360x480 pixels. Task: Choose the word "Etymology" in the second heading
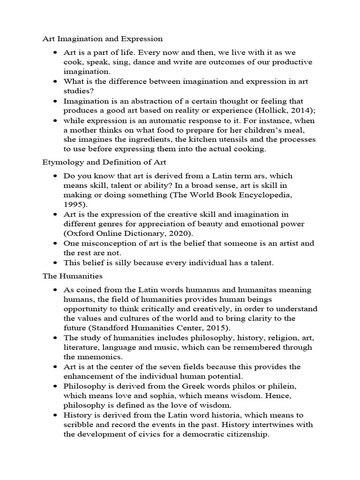tap(63, 162)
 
